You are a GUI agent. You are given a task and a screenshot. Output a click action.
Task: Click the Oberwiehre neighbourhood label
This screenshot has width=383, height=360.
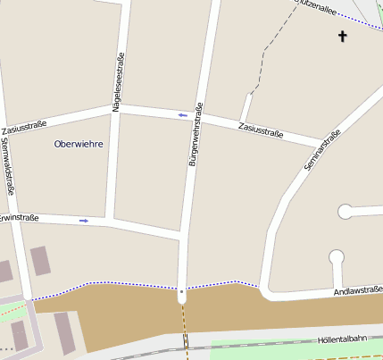[79, 144]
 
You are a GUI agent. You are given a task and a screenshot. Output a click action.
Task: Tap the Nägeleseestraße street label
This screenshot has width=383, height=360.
[118, 82]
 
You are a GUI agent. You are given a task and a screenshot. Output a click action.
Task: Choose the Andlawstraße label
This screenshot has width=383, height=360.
[357, 290]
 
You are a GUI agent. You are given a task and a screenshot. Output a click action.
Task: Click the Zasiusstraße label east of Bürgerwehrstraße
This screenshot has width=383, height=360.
[261, 131]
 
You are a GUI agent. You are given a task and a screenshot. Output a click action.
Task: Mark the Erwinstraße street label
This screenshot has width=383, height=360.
[18, 217]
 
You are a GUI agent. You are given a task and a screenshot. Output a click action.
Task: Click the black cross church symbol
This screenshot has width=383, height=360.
[341, 37]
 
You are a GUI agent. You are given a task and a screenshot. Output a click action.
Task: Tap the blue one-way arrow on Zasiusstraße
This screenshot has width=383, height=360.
[182, 115]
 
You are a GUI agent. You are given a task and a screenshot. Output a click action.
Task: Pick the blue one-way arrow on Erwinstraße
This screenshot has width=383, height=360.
[84, 220]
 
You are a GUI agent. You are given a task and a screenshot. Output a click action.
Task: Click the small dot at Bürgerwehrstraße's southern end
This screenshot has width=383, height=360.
[181, 291]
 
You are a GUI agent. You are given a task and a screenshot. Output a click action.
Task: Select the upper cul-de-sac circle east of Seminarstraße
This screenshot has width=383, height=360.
[345, 212]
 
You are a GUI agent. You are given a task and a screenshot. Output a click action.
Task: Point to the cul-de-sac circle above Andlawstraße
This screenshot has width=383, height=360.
[337, 257]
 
